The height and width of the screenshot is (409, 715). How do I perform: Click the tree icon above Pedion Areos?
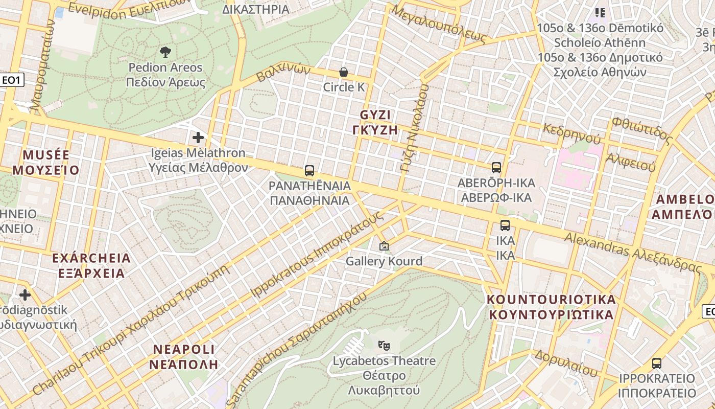pos(165,52)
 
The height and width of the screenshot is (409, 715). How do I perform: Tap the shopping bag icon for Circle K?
pos(344,72)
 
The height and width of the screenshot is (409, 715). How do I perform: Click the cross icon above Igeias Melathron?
pos(198,138)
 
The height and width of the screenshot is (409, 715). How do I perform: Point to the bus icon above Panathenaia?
pos(309,171)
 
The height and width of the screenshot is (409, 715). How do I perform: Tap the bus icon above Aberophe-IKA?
pos(496,168)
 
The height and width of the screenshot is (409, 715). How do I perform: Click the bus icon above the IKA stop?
pos(505,225)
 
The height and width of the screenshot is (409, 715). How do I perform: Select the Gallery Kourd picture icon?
pos(384,246)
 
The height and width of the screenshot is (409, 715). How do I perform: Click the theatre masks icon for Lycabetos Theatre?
pos(384,346)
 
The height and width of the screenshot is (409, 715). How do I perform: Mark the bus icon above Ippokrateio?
pos(657,363)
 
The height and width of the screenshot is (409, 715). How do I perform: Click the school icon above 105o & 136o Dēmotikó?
pos(600,13)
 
